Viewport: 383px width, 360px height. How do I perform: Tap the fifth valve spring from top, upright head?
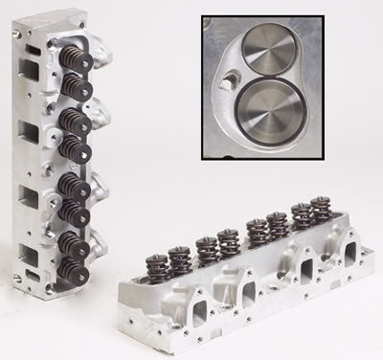pos(74,184)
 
